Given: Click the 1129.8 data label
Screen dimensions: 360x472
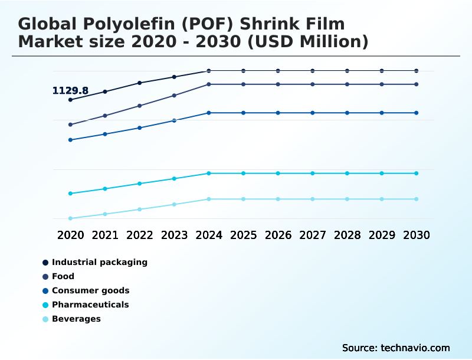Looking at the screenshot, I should click(x=70, y=91).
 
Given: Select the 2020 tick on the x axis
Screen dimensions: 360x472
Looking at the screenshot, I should click(x=70, y=235).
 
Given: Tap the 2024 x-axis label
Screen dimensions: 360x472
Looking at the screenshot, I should click(x=209, y=235).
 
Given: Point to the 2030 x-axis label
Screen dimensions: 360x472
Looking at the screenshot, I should click(x=416, y=235).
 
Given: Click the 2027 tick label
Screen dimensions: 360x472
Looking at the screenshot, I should click(x=313, y=235).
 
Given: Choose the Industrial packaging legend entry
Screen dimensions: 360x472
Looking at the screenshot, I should click(x=99, y=262).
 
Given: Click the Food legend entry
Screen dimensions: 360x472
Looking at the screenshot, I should click(x=63, y=276).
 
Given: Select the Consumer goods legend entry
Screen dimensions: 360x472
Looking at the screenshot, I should click(x=90, y=290).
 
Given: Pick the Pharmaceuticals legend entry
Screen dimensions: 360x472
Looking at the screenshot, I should click(x=90, y=305).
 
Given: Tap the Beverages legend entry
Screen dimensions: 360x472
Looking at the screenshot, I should click(x=76, y=319).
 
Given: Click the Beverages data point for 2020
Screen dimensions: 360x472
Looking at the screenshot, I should click(x=70, y=218).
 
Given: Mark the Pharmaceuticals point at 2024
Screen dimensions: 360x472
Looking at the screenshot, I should click(x=209, y=174).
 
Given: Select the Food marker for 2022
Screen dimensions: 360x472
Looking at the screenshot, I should click(x=140, y=106).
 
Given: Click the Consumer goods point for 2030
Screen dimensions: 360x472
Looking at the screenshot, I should click(x=416, y=113).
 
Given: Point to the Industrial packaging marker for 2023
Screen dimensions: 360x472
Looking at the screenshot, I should click(x=174, y=77).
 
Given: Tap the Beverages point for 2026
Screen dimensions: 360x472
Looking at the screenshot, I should click(x=278, y=199).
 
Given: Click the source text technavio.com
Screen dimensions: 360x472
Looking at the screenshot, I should click(x=396, y=348).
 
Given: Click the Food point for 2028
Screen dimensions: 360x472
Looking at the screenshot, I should click(x=347, y=84).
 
